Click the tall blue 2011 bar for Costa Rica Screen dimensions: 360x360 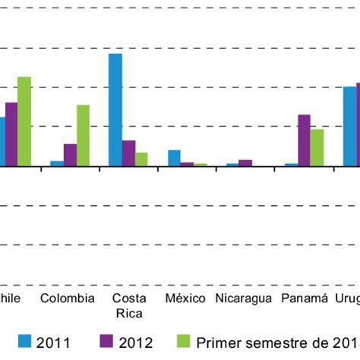coord(115,109)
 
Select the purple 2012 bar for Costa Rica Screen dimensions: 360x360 coord(128,153)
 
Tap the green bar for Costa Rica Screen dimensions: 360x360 coord(141,159)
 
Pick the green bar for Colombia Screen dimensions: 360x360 coord(83,135)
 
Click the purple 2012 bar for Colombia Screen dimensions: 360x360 coord(70,155)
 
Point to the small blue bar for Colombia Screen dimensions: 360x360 coord(57,163)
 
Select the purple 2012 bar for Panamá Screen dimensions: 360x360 coord(304,140)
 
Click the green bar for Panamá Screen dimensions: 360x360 coord(317,147)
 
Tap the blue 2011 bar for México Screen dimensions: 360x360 coord(174,158)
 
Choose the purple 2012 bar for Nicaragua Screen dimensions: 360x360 coord(245,163)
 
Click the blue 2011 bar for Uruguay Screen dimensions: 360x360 coord(349,126)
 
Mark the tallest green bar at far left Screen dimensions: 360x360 coord(24,121)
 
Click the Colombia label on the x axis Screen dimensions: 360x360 coord(68,298)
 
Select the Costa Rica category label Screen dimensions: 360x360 coord(128,305)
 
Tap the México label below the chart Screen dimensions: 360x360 coord(185,298)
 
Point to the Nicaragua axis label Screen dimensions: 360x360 coord(243,298)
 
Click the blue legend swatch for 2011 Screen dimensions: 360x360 coord(24,343)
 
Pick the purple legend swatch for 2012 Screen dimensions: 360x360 coord(107,343)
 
